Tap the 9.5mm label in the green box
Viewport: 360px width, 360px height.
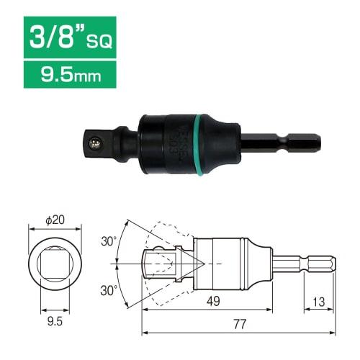point(69,73)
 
